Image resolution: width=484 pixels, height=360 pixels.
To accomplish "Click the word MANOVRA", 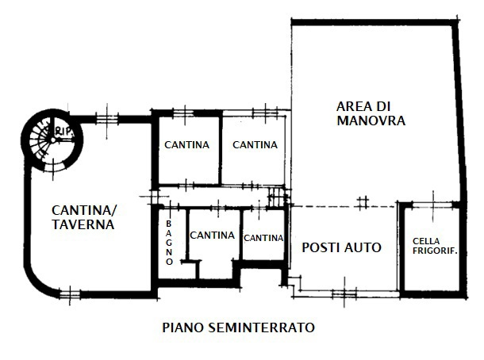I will tap(371, 121).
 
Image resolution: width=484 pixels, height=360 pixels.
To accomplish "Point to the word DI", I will tap(386, 106).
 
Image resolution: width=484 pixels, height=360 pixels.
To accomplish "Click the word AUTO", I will tap(364, 247).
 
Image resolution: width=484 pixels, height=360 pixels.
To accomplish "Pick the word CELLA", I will tap(426, 241).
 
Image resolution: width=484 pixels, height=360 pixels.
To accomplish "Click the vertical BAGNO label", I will tap(169, 242).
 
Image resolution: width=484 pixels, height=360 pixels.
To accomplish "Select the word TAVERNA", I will tap(83, 224).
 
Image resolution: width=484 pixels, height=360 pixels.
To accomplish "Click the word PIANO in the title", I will tap(179, 327).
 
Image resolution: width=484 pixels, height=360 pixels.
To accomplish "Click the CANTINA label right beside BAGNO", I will tap(212, 236).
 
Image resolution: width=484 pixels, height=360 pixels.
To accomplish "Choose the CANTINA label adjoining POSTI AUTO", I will tap(263, 238).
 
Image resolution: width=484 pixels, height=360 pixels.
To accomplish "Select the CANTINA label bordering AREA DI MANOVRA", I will tap(255, 144).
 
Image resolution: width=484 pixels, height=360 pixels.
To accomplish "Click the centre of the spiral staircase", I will tap(51, 140).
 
